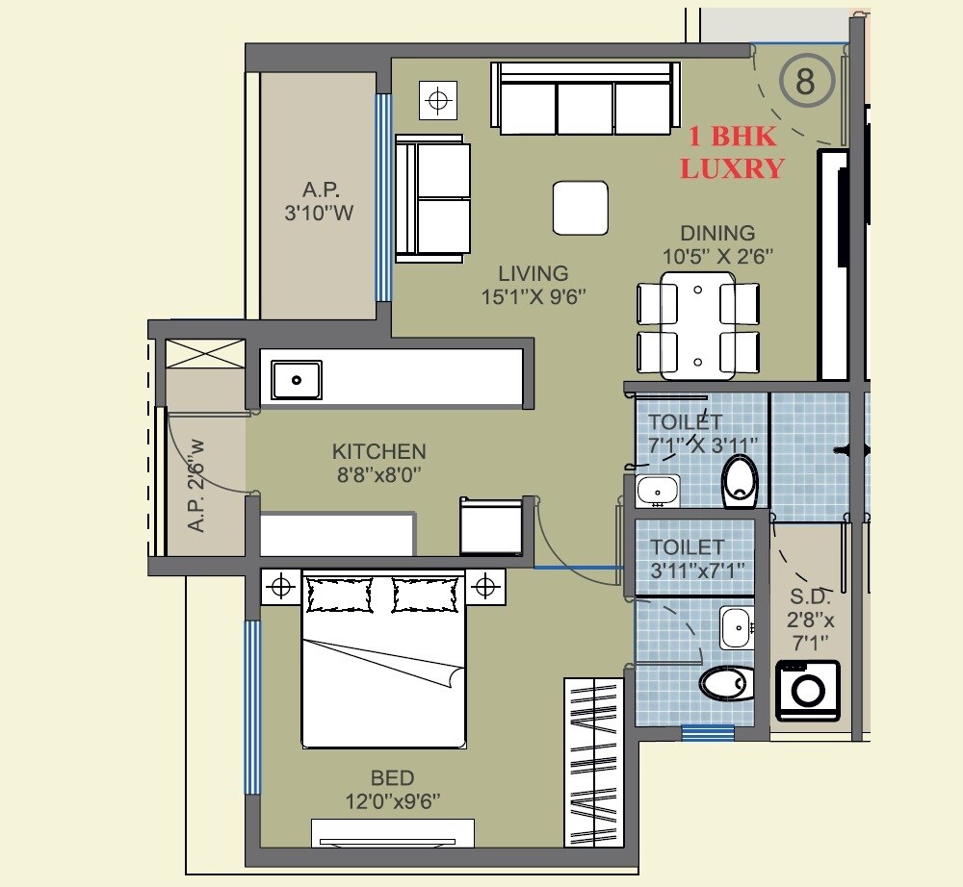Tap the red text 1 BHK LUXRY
point(731,153)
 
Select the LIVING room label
point(533,285)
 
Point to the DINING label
point(717,243)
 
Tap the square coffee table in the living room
point(581,208)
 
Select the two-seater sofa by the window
point(432,198)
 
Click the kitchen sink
point(296,379)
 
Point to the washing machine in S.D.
point(808,691)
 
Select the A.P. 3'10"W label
point(319,201)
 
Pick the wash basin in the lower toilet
point(737,628)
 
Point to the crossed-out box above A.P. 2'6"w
point(205,352)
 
